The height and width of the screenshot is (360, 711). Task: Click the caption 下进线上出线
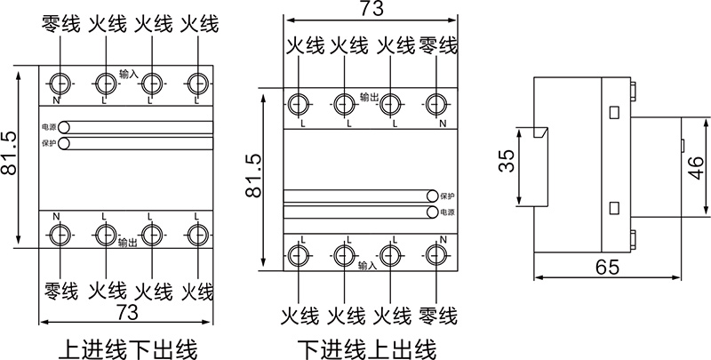[x=366, y=346]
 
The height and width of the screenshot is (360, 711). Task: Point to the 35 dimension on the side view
[x=505, y=163]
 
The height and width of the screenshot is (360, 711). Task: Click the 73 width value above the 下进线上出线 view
[x=366, y=11]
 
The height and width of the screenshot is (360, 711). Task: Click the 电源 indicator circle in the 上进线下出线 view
[x=64, y=127]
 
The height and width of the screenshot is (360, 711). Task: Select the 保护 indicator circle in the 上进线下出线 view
[x=64, y=142]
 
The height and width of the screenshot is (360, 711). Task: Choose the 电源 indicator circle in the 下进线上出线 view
[x=432, y=212]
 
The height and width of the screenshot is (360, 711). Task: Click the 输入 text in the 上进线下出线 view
[x=128, y=73]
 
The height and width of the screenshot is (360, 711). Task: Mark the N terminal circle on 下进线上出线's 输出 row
[x=435, y=104]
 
